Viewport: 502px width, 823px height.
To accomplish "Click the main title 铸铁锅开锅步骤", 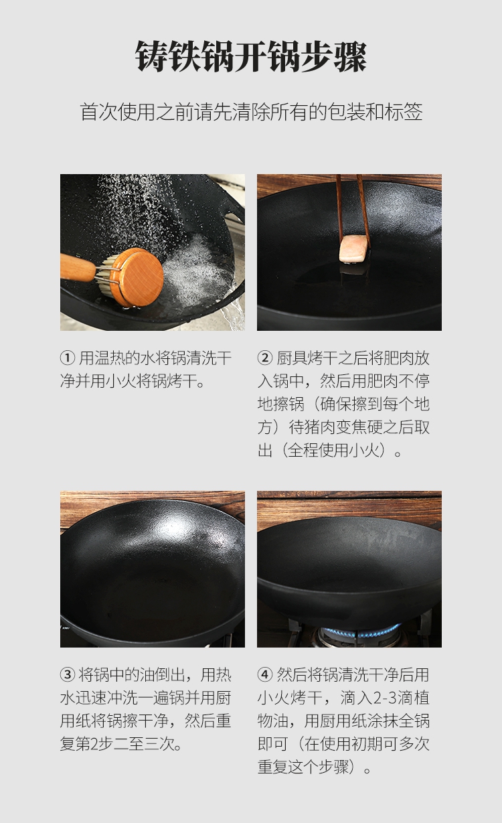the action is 251,57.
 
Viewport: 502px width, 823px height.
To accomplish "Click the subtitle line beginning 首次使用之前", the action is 251,112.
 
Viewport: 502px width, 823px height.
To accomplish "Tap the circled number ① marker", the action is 68,358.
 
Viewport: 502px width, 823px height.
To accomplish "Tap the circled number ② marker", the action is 265,358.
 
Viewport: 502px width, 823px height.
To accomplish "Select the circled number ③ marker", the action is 68,674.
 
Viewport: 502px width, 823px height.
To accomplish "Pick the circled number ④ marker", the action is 265,674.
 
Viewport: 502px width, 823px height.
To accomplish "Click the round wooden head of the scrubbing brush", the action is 139,277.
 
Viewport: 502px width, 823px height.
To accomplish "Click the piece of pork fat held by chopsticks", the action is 353,249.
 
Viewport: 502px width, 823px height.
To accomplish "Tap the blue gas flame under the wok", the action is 360,633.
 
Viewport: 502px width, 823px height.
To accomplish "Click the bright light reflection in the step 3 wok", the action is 176,529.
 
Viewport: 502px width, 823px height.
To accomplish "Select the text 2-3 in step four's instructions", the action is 386,698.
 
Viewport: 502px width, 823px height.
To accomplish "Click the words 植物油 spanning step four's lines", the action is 343,709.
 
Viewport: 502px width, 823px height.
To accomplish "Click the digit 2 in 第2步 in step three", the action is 94,744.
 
